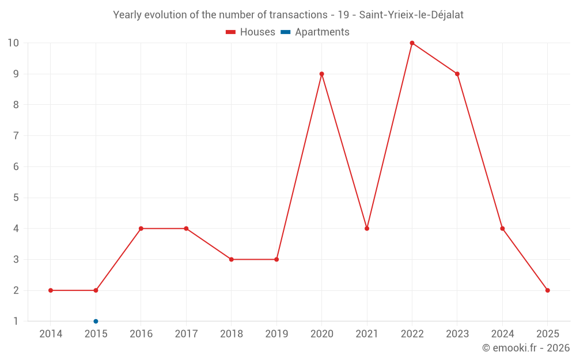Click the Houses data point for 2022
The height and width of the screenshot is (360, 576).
(412, 43)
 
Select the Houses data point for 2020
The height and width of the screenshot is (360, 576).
(321, 74)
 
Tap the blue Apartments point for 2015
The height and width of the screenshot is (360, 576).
(96, 321)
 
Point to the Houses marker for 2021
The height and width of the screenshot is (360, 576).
(367, 229)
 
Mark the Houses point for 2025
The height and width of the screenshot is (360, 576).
(547, 290)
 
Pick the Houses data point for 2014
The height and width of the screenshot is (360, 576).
(51, 290)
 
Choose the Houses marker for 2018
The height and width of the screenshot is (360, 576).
(231, 259)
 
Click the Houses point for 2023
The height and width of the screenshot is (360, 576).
(457, 74)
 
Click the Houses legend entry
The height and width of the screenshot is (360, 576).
(251, 32)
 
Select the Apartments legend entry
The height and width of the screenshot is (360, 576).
(315, 32)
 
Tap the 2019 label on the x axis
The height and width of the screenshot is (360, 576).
(276, 334)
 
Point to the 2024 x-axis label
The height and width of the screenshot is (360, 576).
(502, 334)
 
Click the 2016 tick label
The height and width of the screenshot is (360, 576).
(141, 334)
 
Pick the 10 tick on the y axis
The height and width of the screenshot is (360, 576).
(13, 43)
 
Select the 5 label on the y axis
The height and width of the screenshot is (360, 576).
(16, 198)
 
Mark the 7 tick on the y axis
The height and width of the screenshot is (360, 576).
(16, 136)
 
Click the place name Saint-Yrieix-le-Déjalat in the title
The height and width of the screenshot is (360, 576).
(411, 15)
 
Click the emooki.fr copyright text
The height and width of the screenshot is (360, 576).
(526, 348)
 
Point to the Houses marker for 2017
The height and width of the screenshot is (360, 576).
(186, 229)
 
